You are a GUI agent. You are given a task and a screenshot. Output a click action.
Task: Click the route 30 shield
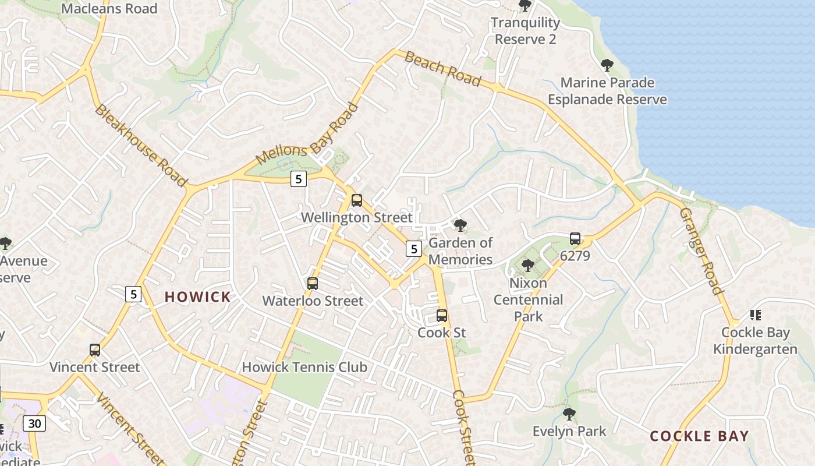tap(35, 423)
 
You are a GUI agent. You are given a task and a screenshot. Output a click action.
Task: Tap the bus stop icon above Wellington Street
tap(357, 200)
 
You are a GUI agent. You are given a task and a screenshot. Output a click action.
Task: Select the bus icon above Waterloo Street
tap(313, 284)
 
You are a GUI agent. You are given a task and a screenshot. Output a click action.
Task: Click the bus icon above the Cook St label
tap(442, 316)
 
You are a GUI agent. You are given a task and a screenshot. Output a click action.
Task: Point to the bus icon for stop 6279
tap(575, 239)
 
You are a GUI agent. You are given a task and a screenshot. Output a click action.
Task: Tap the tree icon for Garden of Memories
tap(460, 225)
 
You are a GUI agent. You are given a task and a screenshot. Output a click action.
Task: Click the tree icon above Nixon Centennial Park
tap(528, 266)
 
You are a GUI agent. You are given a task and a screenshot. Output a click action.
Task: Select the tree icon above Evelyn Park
tap(569, 414)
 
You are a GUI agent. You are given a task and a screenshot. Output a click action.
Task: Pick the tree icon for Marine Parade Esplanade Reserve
tap(607, 65)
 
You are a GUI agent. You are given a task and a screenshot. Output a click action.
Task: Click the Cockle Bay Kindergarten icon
tap(756, 315)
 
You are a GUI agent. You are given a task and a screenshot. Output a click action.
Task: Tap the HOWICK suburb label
tap(198, 297)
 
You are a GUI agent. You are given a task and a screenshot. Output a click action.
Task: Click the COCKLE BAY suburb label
tap(699, 436)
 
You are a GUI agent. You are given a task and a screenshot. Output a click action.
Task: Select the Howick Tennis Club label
tap(304, 367)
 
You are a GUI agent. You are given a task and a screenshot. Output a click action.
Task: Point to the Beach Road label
tap(442, 69)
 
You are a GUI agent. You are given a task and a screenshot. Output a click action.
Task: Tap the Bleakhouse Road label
tap(140, 145)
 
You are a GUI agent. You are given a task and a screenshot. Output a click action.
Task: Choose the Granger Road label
tap(701, 251)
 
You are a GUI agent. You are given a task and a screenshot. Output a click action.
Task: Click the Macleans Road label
tap(109, 9)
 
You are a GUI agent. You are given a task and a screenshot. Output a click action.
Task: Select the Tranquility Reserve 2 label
tap(525, 31)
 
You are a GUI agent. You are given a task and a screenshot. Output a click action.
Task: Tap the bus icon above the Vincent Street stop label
tap(95, 350)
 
